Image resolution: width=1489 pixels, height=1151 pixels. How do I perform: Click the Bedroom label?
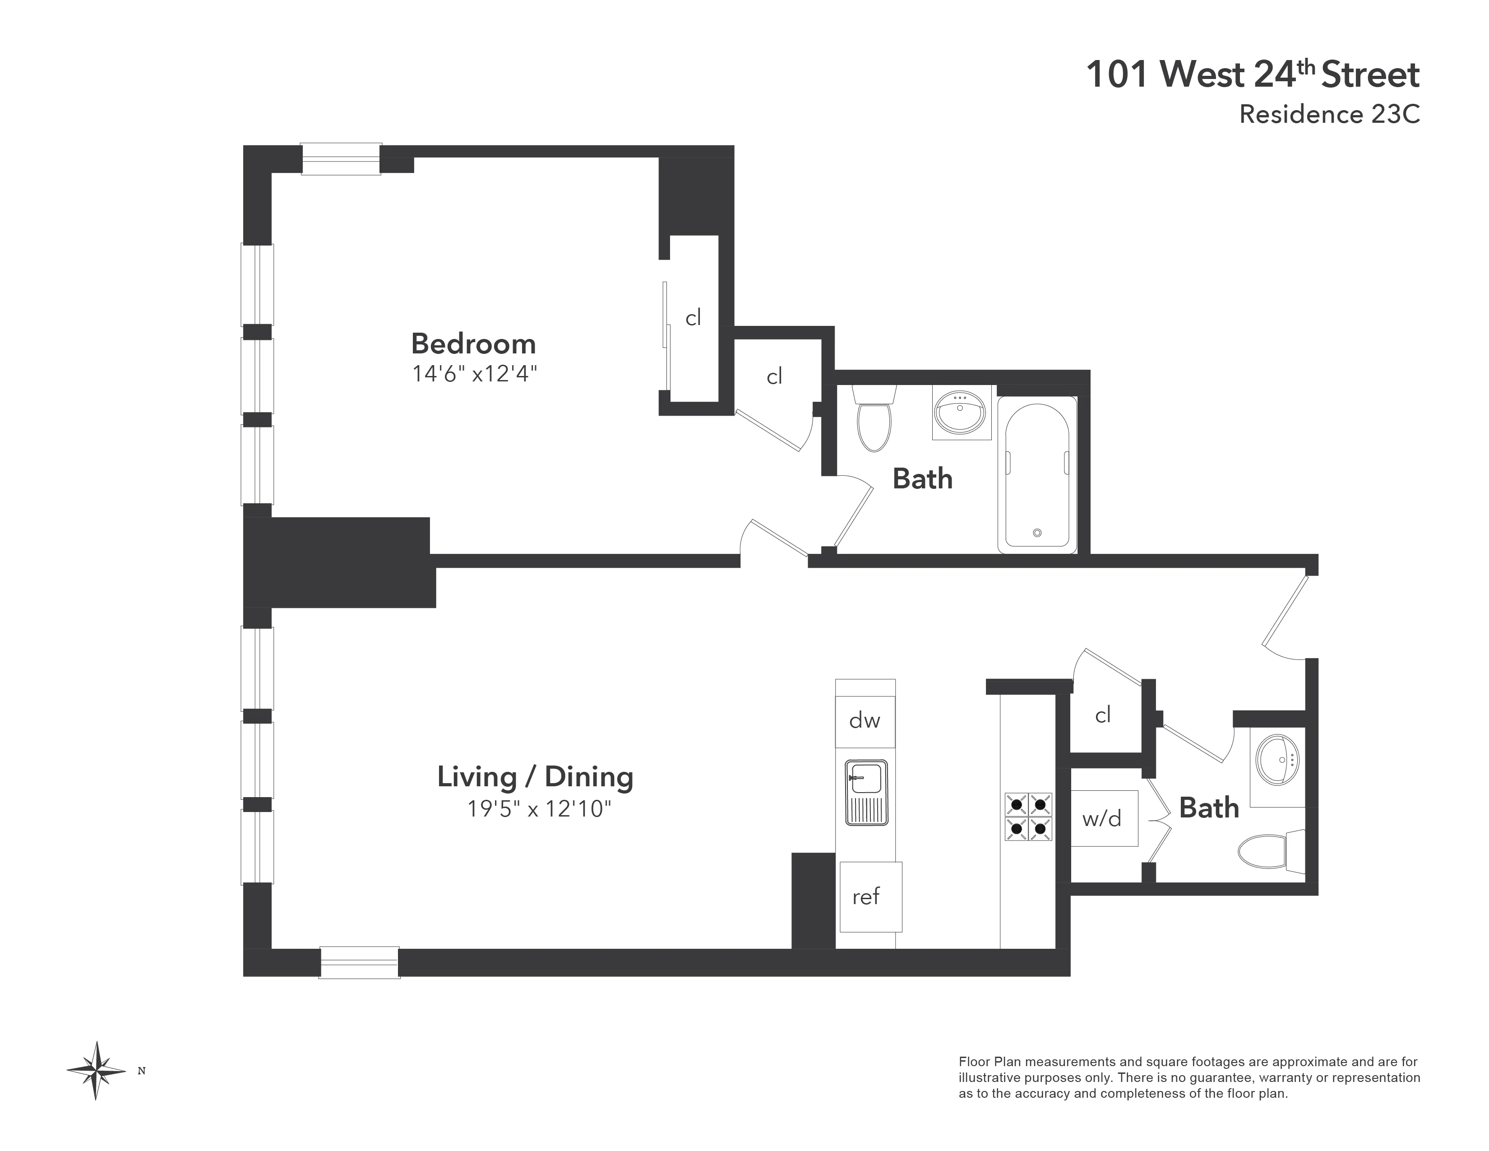[473, 343]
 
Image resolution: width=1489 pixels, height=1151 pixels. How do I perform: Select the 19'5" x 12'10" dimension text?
[539, 809]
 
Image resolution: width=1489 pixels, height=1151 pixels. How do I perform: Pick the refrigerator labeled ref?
[870, 896]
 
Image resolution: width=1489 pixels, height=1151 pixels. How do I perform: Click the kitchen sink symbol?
[866, 792]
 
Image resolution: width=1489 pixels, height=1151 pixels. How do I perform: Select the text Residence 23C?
[1329, 114]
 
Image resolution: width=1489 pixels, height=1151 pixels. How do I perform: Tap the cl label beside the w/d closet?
[1102, 715]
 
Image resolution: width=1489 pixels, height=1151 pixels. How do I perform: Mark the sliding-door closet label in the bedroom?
[693, 318]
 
